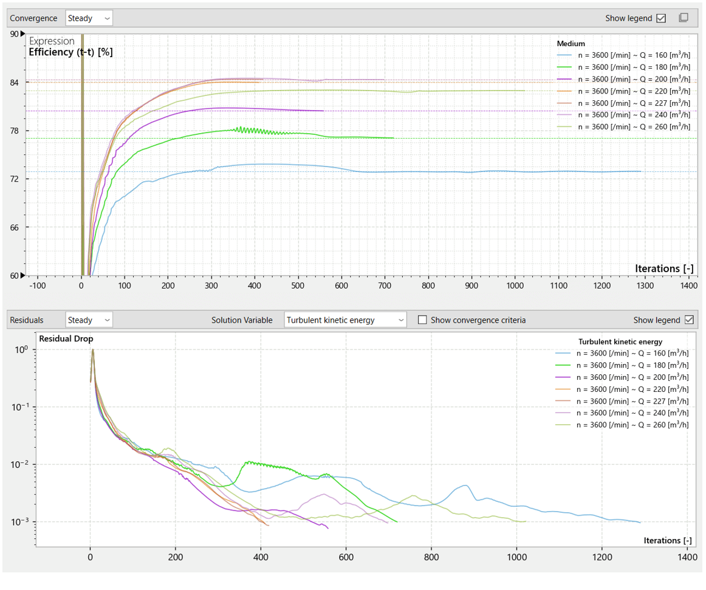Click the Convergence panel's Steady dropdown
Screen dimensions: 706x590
click(x=89, y=18)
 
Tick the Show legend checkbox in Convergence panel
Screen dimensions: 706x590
click(x=661, y=18)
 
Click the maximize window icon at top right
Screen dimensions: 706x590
click(x=684, y=18)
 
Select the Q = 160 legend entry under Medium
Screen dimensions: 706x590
click(x=623, y=55)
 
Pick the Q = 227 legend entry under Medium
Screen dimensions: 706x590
click(x=623, y=103)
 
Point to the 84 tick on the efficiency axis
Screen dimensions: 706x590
click(x=15, y=83)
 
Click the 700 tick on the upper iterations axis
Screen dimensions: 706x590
click(x=385, y=286)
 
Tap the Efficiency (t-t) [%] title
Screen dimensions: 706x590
click(x=70, y=52)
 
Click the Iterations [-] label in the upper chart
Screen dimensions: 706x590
click(x=664, y=269)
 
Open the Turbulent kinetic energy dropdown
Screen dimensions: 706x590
click(x=345, y=320)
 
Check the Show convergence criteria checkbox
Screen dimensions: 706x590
click(x=422, y=320)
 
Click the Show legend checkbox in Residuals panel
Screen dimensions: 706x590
click(x=689, y=320)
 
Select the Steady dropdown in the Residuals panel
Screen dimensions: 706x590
click(x=89, y=320)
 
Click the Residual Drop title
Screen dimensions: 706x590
click(x=66, y=338)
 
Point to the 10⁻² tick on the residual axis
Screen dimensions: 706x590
click(x=20, y=464)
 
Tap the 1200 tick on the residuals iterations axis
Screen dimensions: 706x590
click(x=602, y=557)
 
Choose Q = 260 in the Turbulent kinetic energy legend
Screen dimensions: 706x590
click(x=622, y=425)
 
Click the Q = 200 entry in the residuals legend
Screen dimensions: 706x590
click(x=622, y=377)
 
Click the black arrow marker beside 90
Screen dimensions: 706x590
click(x=23, y=34)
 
